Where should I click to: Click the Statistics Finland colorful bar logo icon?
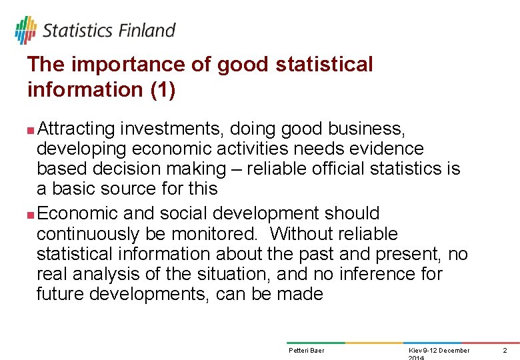[25, 30]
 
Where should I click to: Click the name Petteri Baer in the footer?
[307, 350]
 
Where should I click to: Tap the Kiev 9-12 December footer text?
[438, 350]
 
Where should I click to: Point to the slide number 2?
[505, 350]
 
